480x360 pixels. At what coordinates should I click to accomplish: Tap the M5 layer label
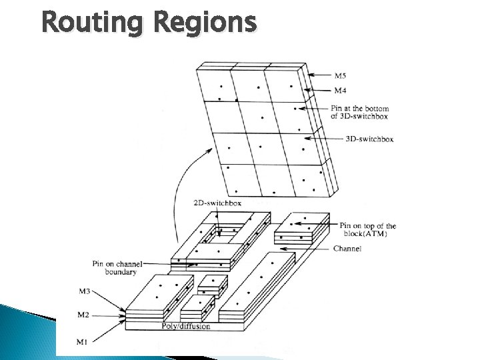(x=341, y=75)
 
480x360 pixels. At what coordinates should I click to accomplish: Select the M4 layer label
(x=341, y=90)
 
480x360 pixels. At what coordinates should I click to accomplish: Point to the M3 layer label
(x=103, y=291)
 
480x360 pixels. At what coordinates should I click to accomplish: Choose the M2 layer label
(x=103, y=315)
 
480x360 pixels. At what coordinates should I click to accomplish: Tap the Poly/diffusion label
(x=186, y=326)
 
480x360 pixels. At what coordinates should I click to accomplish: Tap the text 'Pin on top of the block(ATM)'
(x=367, y=229)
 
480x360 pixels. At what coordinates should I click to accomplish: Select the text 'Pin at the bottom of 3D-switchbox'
(x=359, y=112)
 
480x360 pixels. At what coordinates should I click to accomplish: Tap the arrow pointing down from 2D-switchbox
(x=217, y=220)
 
